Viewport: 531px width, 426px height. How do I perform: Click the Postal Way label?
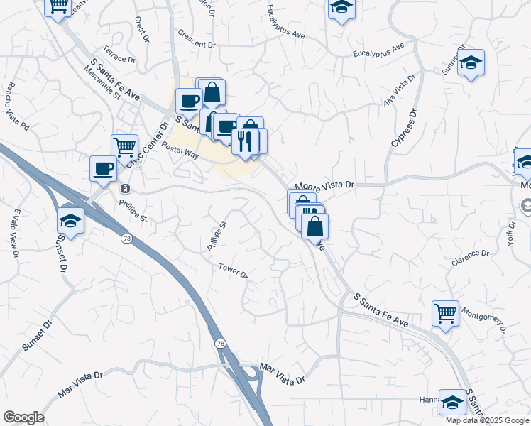tap(179, 150)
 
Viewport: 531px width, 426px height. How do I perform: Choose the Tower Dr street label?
tap(233, 271)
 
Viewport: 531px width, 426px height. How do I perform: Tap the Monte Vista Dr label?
tap(324, 184)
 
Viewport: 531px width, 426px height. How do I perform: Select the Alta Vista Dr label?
tap(398, 91)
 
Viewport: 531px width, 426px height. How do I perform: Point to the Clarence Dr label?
tap(470, 258)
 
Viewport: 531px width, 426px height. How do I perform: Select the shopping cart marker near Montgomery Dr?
tap(445, 312)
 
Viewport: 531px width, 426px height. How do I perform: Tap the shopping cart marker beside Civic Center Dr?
tap(124, 148)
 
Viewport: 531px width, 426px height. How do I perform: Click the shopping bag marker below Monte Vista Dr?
tap(314, 226)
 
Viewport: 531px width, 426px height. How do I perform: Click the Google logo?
tap(23, 417)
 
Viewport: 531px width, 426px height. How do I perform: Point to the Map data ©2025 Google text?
tap(486, 420)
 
